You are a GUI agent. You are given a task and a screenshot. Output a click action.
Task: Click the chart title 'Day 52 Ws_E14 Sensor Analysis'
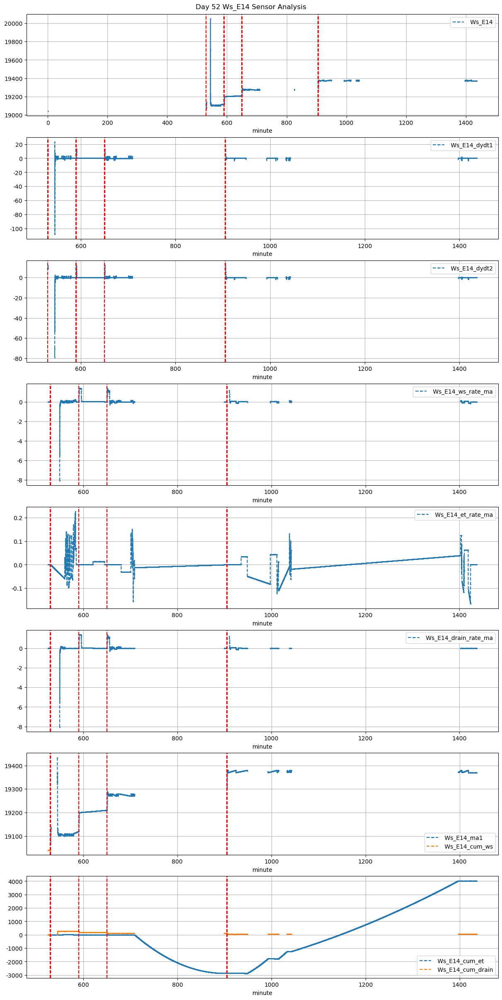coord(251,7)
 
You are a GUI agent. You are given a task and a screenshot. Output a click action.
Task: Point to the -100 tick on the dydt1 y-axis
coord(16,229)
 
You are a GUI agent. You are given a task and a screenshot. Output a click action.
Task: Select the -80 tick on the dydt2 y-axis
coord(18,358)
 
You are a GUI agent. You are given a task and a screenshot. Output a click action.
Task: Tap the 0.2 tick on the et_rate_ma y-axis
coord(17,518)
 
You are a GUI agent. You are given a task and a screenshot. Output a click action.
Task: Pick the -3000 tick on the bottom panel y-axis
coord(15,975)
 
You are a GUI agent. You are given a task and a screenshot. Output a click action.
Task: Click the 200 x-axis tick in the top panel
coord(107,123)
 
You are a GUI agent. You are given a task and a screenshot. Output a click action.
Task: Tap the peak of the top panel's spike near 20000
coord(210,19)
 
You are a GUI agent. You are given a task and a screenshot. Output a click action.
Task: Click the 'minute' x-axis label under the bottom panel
coord(262,993)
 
